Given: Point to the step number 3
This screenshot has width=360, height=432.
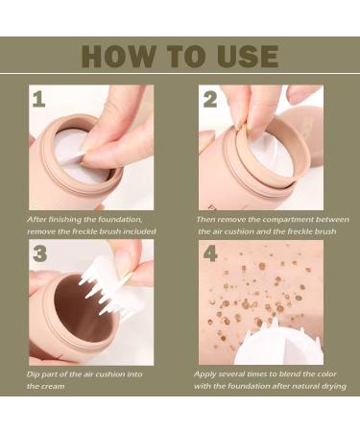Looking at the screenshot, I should tap(40, 254).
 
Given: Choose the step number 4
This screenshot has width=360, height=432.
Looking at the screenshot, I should tap(211, 254).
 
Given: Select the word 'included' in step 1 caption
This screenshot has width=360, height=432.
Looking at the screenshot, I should tap(135, 232).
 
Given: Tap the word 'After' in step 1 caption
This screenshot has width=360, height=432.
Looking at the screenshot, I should tap(36, 220).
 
